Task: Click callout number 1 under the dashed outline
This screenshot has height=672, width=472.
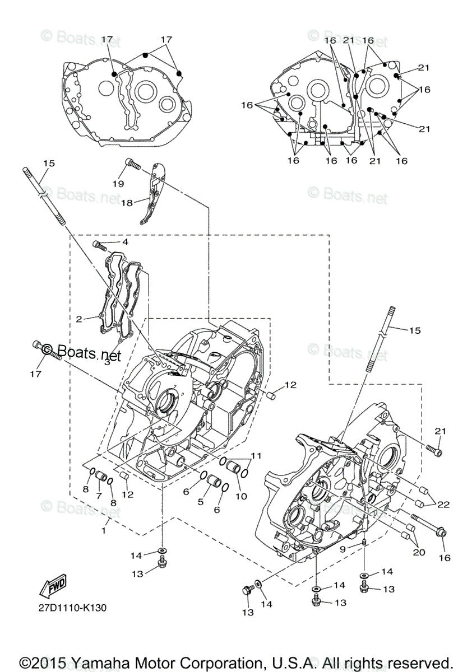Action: point(103,529)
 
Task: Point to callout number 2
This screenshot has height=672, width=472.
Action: point(79,319)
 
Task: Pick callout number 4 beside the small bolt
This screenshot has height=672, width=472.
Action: point(125,242)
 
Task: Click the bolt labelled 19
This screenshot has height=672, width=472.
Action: point(132,163)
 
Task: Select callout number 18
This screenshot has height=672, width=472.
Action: point(127,203)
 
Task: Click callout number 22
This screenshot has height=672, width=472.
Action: point(443,505)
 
